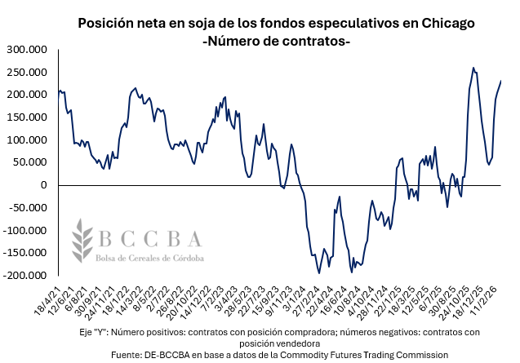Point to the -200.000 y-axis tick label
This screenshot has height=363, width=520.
click(24, 276)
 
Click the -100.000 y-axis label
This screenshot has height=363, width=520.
click(24, 230)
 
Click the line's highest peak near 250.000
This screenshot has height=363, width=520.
click(473, 69)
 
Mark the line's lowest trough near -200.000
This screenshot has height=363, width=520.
click(319, 273)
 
